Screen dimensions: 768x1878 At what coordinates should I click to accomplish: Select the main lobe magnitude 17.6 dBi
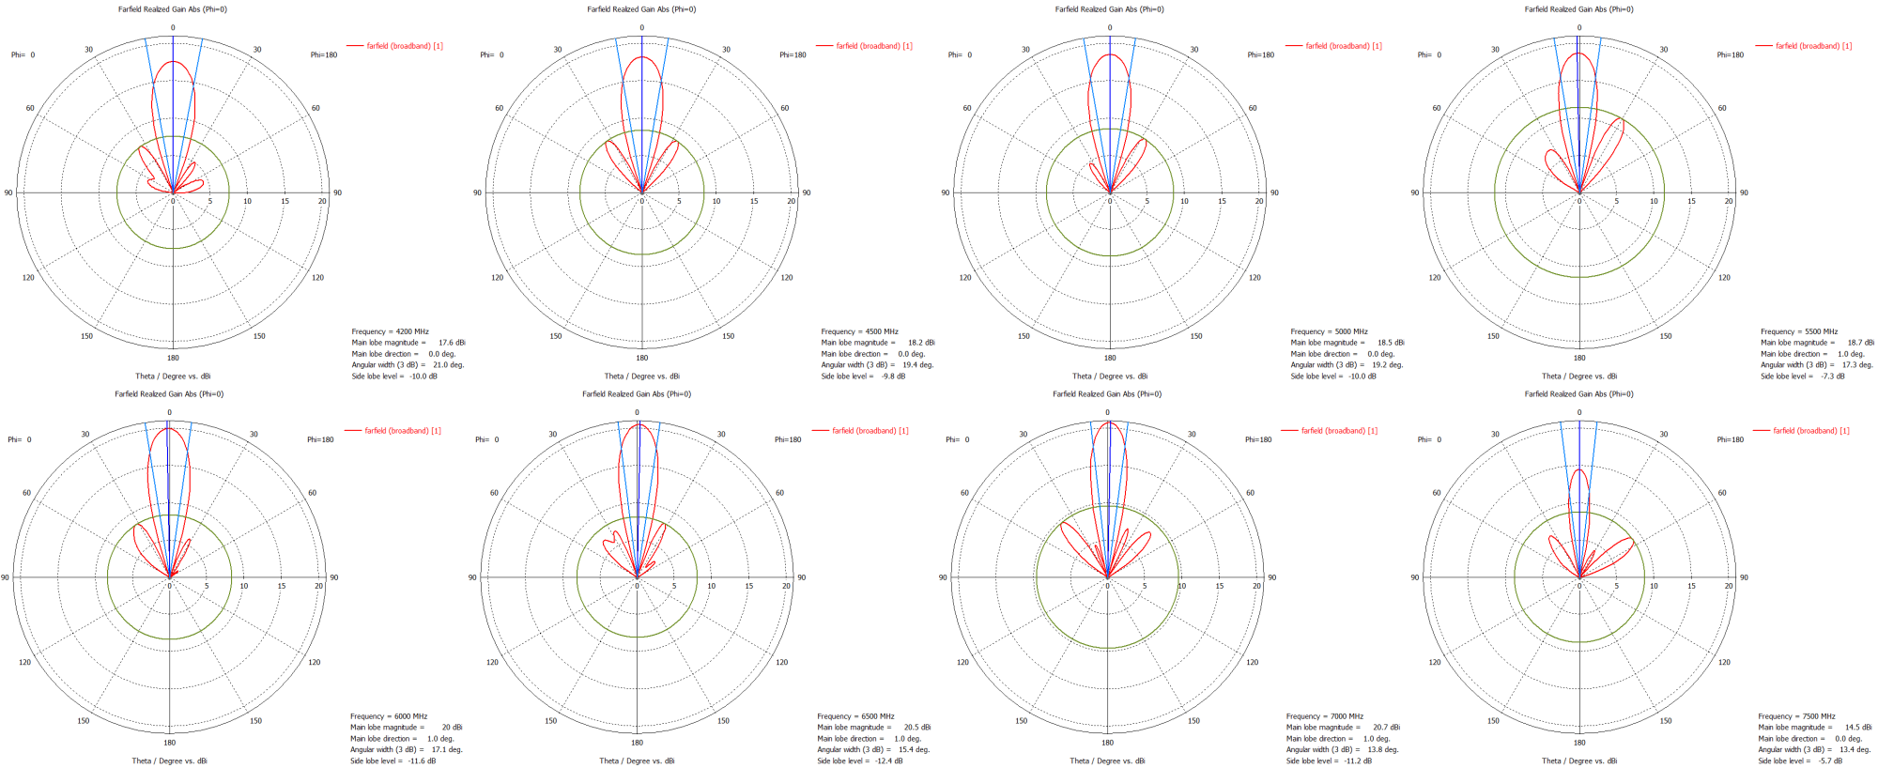coord(452,343)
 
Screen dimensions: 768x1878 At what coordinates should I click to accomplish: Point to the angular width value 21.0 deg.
coord(448,365)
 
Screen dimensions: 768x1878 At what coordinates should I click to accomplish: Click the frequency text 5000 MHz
coord(1350,331)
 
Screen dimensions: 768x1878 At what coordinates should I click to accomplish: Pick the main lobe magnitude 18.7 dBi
coord(1860,343)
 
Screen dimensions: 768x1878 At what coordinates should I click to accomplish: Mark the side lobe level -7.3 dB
coord(1833,376)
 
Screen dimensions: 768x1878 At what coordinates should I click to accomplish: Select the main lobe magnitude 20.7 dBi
coord(1386,728)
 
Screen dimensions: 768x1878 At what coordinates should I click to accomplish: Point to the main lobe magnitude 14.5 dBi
coord(1857,728)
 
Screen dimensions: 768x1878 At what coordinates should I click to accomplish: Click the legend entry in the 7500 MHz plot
coord(1810,431)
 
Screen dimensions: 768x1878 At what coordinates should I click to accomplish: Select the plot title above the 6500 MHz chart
coord(637,394)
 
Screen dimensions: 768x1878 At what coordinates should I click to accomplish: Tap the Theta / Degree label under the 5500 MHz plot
coord(1579,376)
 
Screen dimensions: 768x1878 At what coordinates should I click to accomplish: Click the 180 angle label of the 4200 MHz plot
coord(173,358)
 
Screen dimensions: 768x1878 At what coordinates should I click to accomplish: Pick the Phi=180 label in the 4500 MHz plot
coord(793,54)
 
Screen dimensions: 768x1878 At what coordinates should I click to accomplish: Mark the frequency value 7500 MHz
coord(1818,716)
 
